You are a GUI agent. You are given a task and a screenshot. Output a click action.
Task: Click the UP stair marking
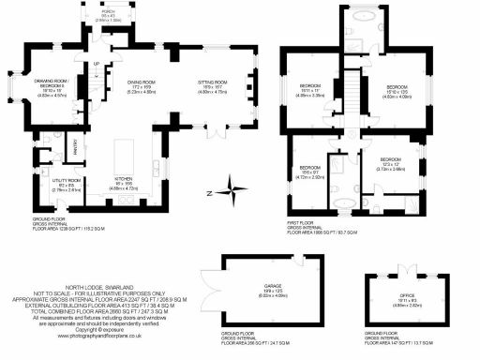pos(96,64)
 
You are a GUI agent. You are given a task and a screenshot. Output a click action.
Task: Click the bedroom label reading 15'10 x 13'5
pos(396,91)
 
